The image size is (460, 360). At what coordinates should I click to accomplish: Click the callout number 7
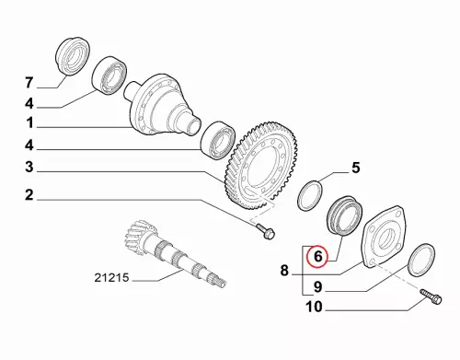pos(29,83)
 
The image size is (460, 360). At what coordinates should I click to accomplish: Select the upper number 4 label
pos(29,104)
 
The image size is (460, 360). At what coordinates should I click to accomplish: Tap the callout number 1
pos(29,123)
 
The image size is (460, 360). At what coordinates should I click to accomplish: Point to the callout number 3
pos(29,168)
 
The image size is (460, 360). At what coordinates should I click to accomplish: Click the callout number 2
pos(29,195)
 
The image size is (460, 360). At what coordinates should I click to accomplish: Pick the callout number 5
pos(355,168)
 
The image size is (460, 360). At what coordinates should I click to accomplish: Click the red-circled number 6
pos(317,256)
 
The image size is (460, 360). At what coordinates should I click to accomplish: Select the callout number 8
pos(284,271)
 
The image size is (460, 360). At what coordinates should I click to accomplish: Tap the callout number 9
pos(318,287)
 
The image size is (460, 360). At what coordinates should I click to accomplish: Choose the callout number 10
pos(314,307)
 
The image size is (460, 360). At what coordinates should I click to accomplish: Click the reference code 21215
pos(111,278)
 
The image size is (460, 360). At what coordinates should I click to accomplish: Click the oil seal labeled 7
pos(73,56)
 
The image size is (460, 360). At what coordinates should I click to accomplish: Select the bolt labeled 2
pos(265,231)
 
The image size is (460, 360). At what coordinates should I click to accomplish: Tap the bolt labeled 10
pos(431,296)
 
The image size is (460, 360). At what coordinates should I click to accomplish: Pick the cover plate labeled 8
pos(385,237)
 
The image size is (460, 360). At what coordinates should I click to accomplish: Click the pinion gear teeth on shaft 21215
pos(140,237)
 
